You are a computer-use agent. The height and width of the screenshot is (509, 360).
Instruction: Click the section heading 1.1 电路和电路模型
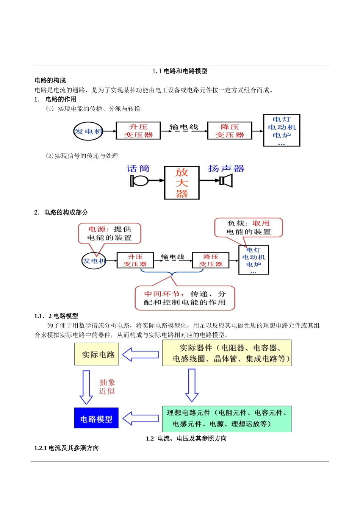coord(180,71)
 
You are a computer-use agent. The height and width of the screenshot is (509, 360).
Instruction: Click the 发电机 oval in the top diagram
coord(88,131)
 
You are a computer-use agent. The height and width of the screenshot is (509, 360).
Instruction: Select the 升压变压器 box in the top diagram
coord(138,131)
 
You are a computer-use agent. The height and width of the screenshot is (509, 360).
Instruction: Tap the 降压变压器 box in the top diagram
coord(230,131)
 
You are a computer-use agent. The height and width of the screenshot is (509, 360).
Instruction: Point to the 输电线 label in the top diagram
coord(184,127)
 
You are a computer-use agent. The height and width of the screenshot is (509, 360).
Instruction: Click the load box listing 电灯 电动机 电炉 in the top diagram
coord(282,130)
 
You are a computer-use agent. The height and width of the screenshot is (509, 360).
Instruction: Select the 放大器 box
coord(182,183)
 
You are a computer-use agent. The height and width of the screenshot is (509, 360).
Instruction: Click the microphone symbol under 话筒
coord(139,181)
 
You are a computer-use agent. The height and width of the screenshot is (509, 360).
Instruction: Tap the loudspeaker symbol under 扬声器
coord(226,181)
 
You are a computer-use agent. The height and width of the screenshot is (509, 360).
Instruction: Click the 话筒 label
coord(138,169)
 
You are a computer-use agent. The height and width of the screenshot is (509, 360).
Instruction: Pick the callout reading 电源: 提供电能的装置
coord(110,233)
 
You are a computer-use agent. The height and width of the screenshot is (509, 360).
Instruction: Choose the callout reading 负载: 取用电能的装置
coord(249,228)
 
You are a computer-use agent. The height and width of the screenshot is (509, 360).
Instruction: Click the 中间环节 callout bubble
coord(185,298)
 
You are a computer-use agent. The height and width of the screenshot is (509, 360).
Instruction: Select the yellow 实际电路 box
coord(97,354)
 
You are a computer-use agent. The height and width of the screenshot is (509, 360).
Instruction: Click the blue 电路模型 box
coord(96,418)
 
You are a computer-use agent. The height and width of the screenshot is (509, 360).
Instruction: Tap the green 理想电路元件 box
coord(227,418)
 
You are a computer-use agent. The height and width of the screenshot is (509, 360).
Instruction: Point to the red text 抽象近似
coord(107,387)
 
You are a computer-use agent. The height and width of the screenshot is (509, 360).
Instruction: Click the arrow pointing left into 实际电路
coord(141,355)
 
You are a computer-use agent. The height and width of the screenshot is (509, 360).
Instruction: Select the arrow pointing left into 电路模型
coord(141,418)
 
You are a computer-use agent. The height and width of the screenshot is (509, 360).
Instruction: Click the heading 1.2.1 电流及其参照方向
coord(67,448)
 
